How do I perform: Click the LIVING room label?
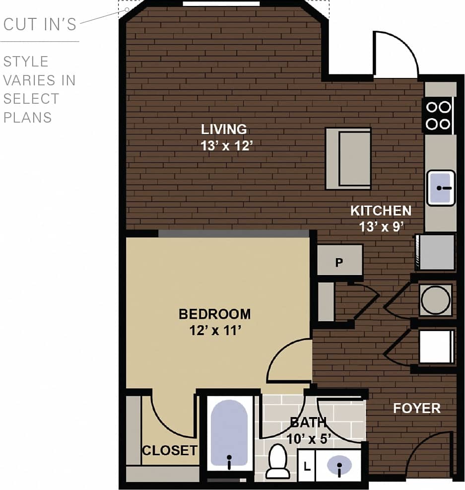(224, 130)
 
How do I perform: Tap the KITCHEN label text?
(381, 210)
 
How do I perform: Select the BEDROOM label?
(214, 314)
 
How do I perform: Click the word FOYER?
(417, 409)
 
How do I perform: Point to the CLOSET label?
(169, 451)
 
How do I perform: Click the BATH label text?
(308, 422)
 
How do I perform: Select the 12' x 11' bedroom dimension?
(214, 330)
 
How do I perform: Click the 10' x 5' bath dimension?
(308, 438)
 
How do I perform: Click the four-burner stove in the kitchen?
(438, 115)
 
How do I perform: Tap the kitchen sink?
(441, 188)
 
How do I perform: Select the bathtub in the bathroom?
(229, 433)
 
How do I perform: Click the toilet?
(277, 462)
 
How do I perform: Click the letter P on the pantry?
(339, 262)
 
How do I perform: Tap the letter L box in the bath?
(307, 467)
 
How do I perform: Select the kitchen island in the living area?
(348, 158)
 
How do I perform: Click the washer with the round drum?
(436, 300)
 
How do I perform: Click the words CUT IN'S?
(40, 24)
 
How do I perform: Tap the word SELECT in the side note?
(31, 99)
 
